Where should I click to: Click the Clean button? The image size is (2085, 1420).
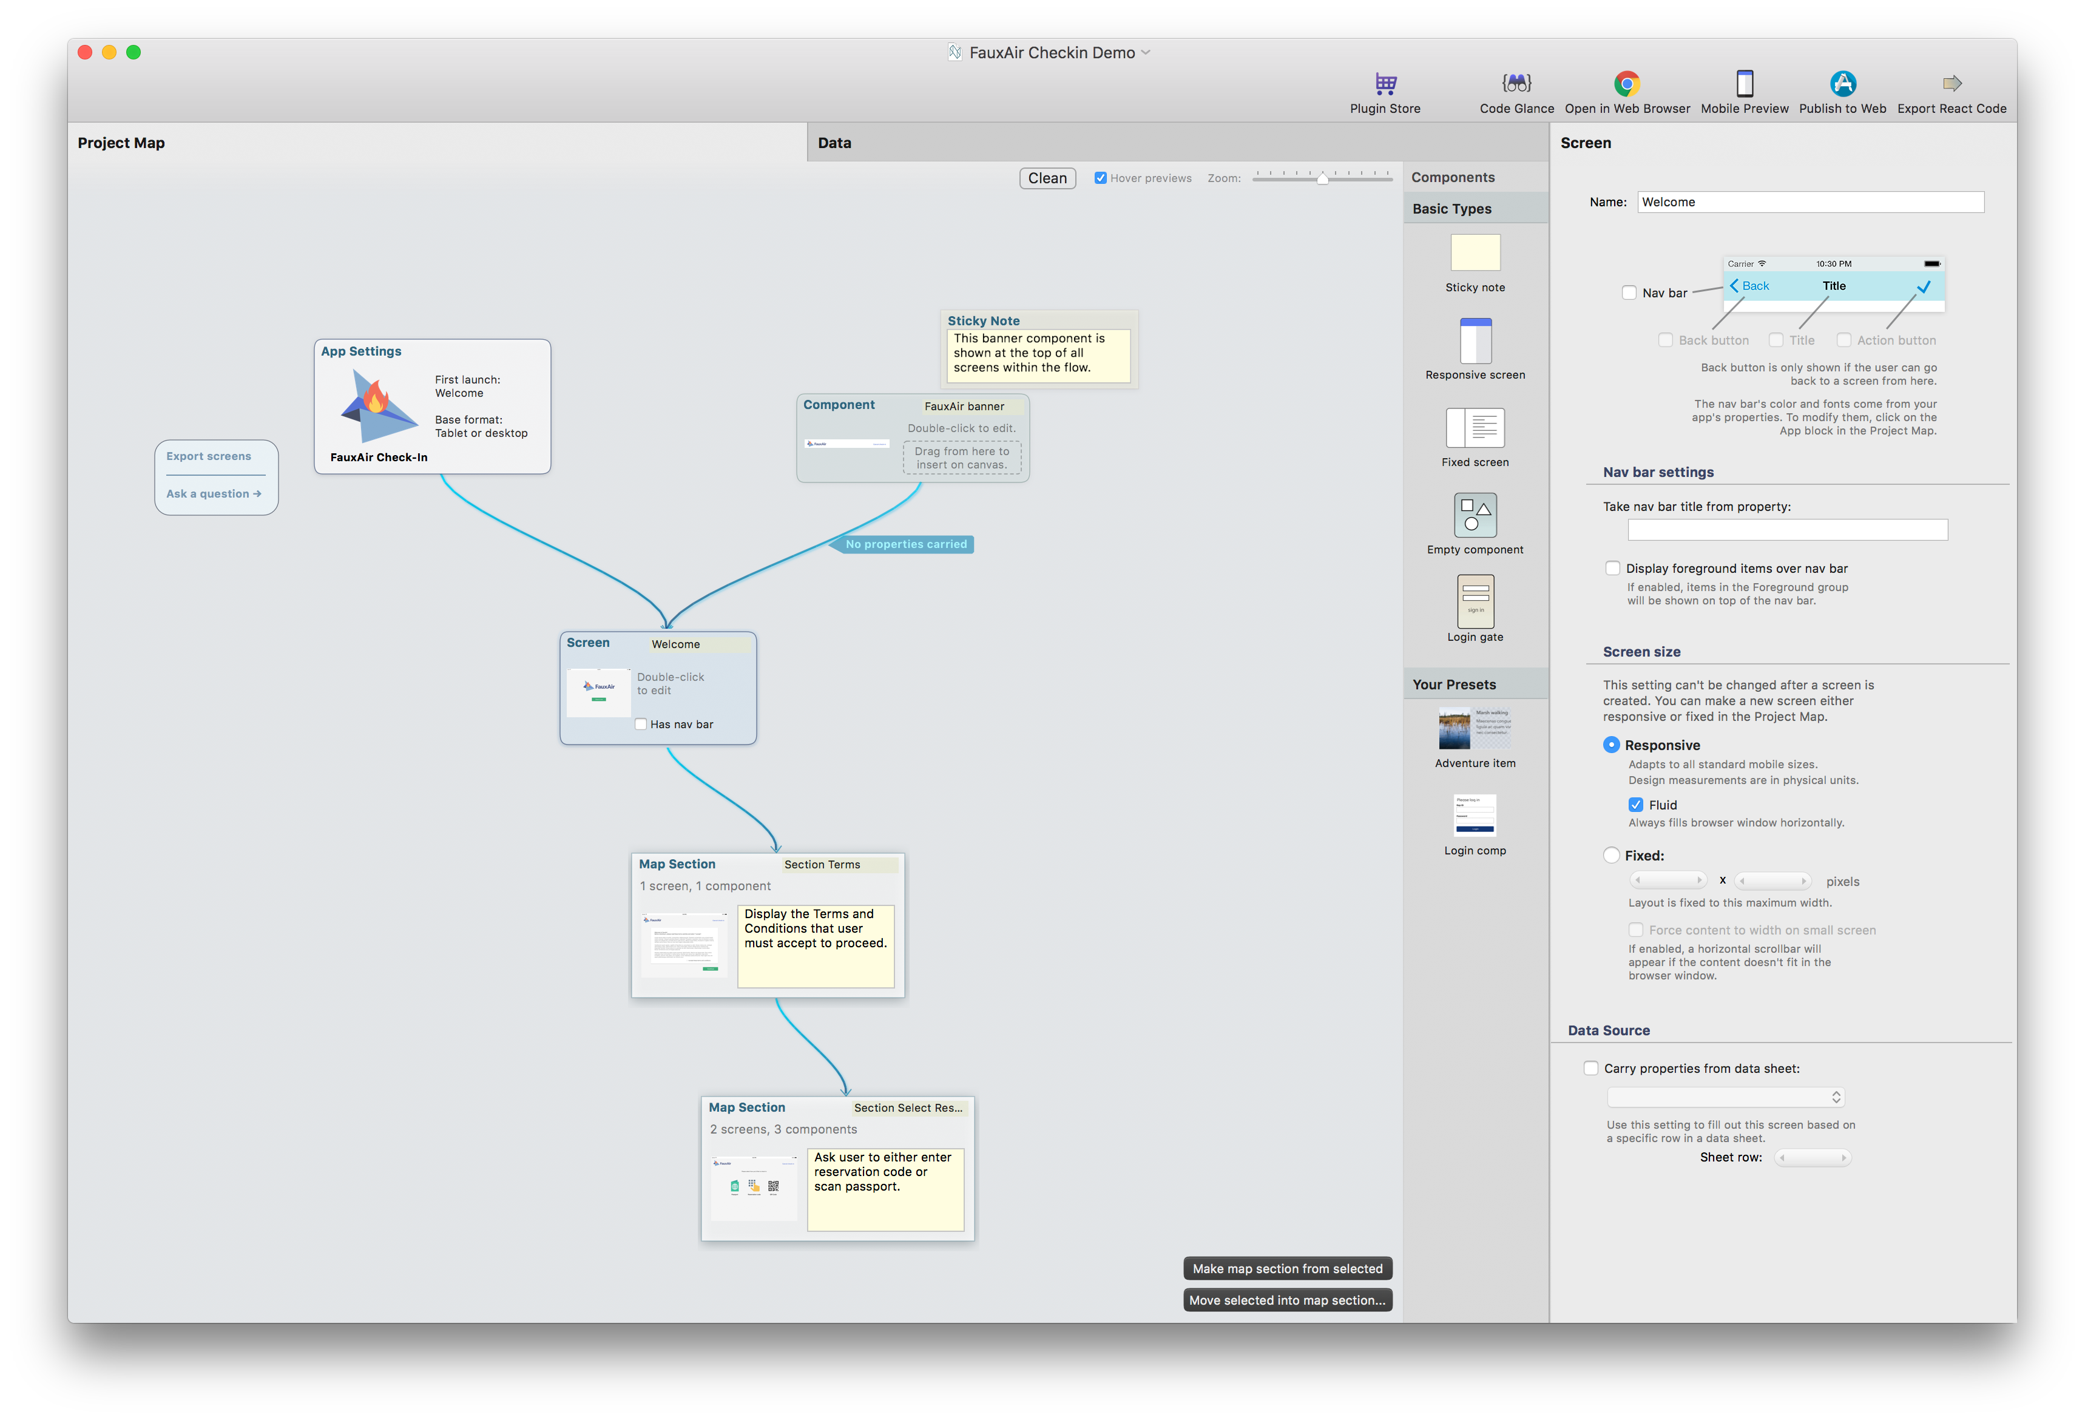click(1047, 178)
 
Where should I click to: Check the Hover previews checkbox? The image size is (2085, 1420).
click(1100, 178)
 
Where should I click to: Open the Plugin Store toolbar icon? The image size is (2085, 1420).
click(1385, 83)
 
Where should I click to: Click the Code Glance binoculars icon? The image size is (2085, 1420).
click(1516, 83)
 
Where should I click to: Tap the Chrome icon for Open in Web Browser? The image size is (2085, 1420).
click(1626, 83)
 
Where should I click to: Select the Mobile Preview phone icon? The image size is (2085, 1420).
click(1744, 83)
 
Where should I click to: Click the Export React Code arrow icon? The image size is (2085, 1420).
click(1952, 83)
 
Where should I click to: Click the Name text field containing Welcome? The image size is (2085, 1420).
click(1810, 202)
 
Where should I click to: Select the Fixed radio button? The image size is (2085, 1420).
click(1611, 855)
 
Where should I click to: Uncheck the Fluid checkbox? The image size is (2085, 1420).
click(1635, 805)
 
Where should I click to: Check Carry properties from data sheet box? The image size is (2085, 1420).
click(1590, 1067)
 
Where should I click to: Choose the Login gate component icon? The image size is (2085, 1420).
click(1475, 601)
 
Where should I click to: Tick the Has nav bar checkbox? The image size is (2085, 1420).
click(641, 724)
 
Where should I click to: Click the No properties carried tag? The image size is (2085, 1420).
click(905, 544)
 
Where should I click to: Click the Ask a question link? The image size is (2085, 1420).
click(214, 493)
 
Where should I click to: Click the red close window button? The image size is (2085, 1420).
click(85, 52)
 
